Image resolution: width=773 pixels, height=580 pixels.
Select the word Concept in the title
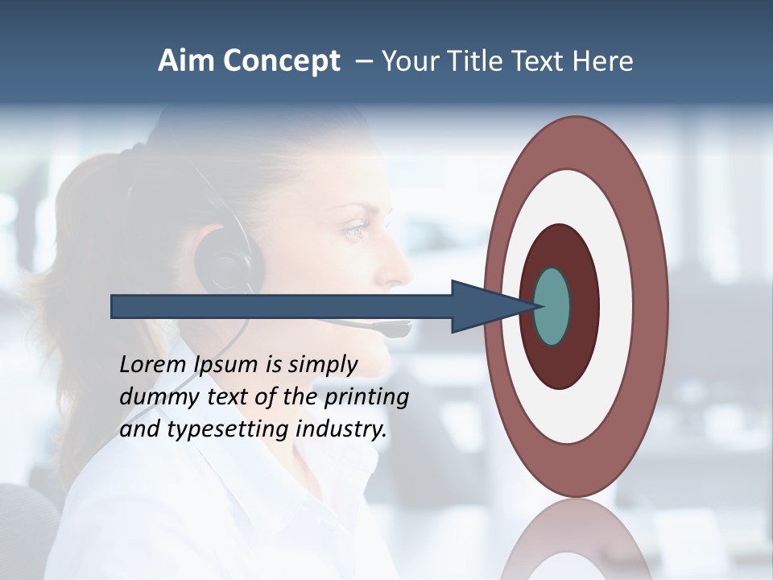coord(282,62)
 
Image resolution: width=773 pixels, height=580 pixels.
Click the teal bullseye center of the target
coord(552,307)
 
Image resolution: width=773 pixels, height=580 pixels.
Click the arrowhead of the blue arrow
coord(483,307)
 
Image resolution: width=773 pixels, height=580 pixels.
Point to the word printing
coord(366,397)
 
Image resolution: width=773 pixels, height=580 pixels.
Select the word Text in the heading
coord(537,61)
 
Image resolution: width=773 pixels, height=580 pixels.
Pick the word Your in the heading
coord(407,61)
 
